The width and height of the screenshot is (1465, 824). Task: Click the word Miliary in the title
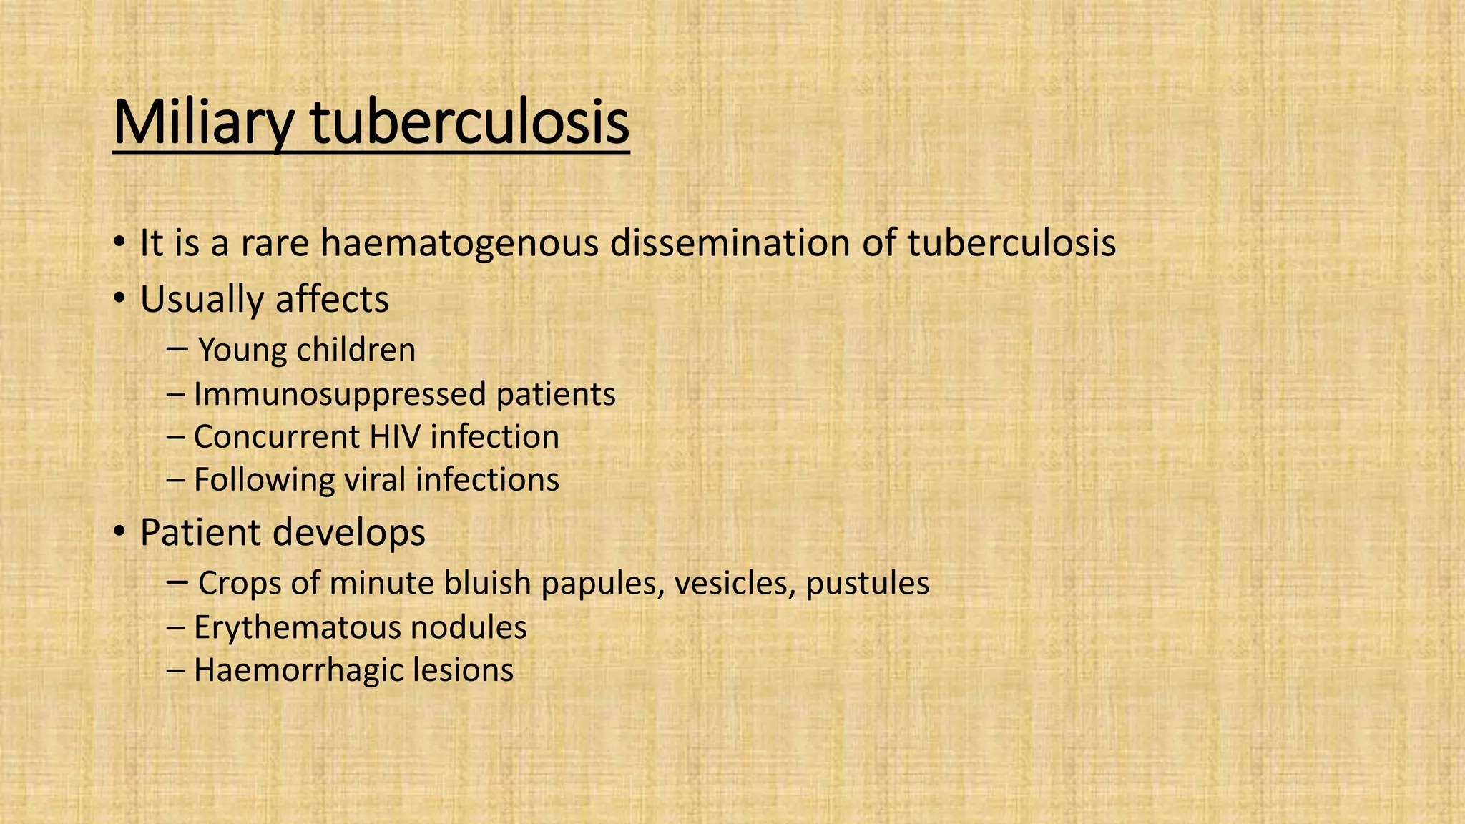[x=202, y=124]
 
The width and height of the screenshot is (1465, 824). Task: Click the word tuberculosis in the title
[x=469, y=124]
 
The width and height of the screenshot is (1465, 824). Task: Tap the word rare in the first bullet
[x=274, y=243]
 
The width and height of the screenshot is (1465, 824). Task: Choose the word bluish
[x=488, y=584]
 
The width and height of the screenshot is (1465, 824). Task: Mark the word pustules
[x=867, y=584]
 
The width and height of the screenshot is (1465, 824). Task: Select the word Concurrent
[x=276, y=437]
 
